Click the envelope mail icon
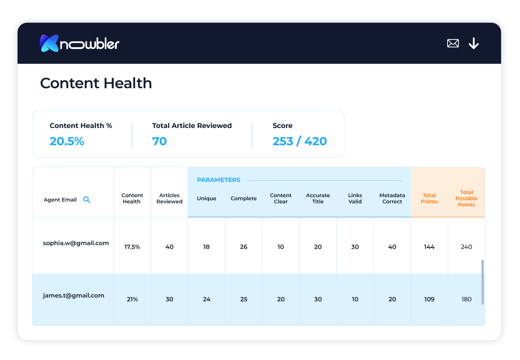(x=453, y=43)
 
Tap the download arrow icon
(x=474, y=43)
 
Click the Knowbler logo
(x=80, y=43)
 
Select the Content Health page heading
(x=96, y=83)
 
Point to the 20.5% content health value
(x=67, y=141)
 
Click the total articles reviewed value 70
(x=159, y=141)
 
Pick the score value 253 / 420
(x=300, y=141)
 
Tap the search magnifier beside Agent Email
(x=87, y=200)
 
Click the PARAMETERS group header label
(x=218, y=180)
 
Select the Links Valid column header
(x=355, y=198)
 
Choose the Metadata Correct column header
(x=392, y=198)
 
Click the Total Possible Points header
(x=466, y=198)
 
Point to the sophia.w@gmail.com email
(x=76, y=243)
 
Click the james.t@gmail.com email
(x=74, y=296)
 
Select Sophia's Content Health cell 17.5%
(x=132, y=247)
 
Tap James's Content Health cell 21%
(x=132, y=299)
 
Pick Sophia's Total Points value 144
(x=429, y=247)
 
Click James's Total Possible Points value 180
(x=466, y=299)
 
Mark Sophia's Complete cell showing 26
(x=244, y=247)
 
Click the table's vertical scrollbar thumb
(x=482, y=282)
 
